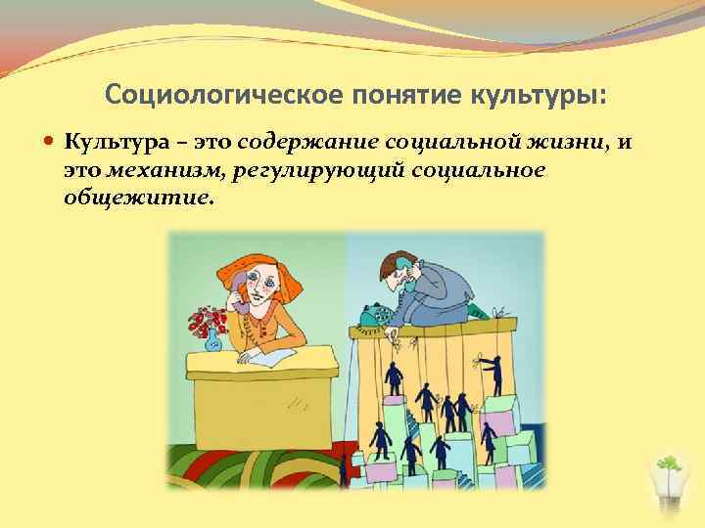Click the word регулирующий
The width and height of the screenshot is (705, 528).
click(309, 171)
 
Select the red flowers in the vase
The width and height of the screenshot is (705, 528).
click(207, 319)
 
